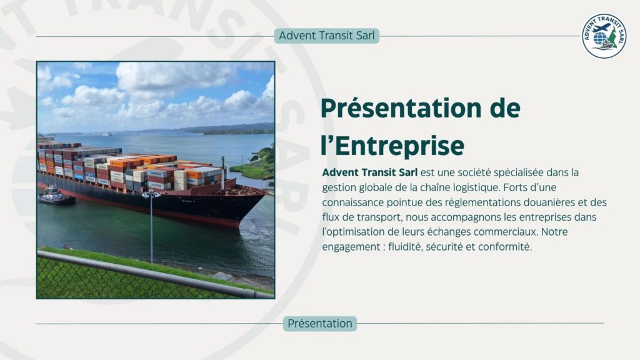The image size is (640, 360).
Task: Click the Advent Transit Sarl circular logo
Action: (x=604, y=36)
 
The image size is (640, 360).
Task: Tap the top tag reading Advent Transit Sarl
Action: (x=327, y=36)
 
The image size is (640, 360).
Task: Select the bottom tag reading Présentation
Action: (x=320, y=324)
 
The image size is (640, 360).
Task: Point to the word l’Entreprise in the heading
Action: (x=392, y=145)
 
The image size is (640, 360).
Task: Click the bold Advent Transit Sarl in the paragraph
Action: (x=369, y=172)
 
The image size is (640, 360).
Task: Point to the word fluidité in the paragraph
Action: (x=406, y=247)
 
